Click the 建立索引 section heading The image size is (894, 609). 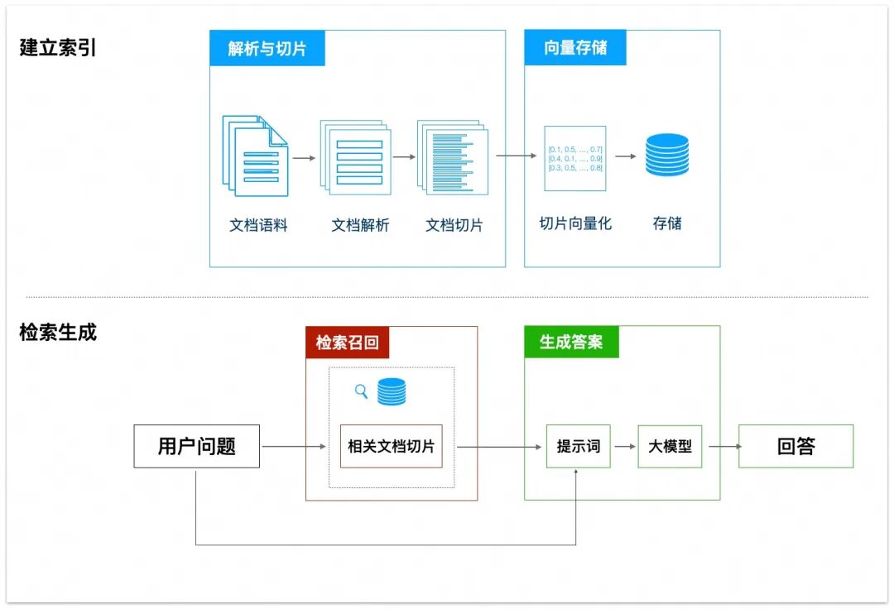pos(58,47)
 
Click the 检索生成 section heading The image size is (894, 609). pos(58,333)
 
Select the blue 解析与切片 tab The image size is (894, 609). pos(267,48)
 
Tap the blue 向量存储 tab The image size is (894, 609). pos(574,48)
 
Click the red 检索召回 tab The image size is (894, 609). pos(347,342)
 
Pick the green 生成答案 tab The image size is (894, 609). pos(571,342)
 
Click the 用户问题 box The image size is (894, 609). pos(197,447)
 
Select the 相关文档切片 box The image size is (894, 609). pos(391,447)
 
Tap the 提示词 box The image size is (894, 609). pos(578,447)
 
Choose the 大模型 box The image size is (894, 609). pos(670,447)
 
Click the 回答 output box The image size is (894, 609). pos(795,447)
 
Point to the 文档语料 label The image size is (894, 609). pos(258,225)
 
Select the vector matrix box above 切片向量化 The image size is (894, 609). pos(574,159)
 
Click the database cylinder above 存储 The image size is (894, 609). pos(666,155)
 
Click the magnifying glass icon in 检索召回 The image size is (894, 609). pos(361,391)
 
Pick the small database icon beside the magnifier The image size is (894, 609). pos(392,391)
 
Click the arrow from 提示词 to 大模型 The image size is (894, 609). pos(624,447)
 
